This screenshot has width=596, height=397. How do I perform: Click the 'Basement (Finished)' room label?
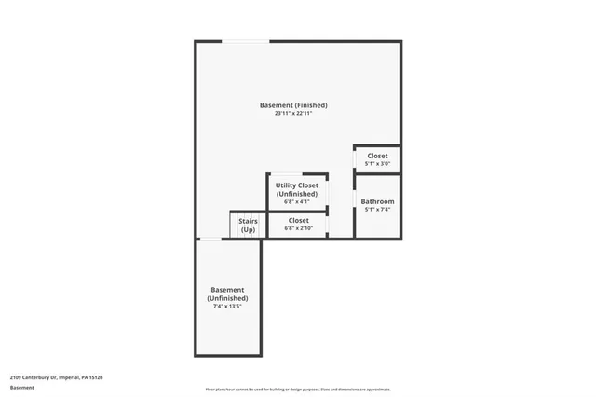click(x=293, y=105)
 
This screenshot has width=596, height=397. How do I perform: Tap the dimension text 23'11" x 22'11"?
click(x=293, y=114)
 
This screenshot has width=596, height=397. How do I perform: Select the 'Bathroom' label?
click(x=377, y=201)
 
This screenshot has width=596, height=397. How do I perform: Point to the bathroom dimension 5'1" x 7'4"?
click(x=377, y=210)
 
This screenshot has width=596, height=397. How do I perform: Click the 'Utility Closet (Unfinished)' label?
click(x=297, y=189)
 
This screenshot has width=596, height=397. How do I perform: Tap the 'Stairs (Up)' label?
click(x=248, y=225)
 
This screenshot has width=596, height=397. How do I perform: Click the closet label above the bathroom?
click(x=377, y=156)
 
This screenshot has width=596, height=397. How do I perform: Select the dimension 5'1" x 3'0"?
click(x=377, y=164)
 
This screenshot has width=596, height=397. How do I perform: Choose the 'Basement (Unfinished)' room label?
click(x=228, y=294)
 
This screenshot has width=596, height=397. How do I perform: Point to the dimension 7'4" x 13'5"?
click(x=228, y=306)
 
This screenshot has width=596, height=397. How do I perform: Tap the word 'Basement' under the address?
click(x=22, y=387)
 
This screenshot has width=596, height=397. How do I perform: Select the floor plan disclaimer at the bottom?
click(x=297, y=390)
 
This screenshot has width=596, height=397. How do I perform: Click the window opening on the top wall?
click(x=246, y=41)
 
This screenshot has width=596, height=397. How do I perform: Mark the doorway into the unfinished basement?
click(x=210, y=240)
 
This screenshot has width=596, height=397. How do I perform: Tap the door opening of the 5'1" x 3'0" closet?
click(x=355, y=159)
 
